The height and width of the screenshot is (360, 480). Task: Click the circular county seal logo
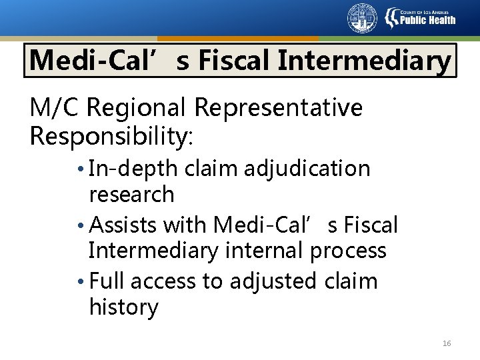pos(362,18)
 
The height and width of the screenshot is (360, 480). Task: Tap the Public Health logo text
pos(427,19)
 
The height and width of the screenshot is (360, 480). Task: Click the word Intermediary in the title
pos(364,61)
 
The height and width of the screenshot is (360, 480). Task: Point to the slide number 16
pos(447,343)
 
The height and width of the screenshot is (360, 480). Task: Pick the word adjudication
pos(307,169)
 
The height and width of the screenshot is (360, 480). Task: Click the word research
pos(131,195)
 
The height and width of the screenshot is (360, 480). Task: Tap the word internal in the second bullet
pos(264,251)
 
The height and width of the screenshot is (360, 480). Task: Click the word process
pos(348,251)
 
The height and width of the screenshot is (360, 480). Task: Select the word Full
pos(107,281)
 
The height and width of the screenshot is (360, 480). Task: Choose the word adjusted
pos(273,282)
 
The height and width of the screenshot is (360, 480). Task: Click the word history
pos(123,307)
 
